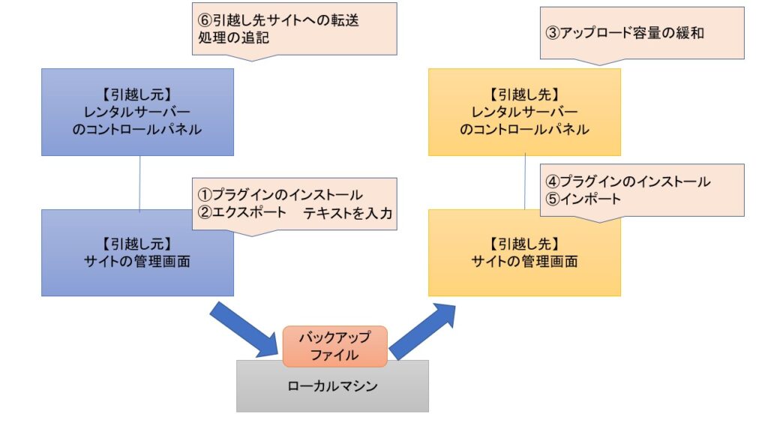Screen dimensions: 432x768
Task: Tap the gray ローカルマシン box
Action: pyautogui.click(x=332, y=388)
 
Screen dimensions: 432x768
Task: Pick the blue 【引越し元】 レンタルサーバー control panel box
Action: pyautogui.click(x=137, y=112)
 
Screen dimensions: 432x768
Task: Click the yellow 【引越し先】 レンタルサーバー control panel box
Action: pyautogui.click(x=524, y=112)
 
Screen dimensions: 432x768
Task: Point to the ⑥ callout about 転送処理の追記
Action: pyautogui.click(x=293, y=28)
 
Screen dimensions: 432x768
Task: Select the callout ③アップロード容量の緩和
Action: pyautogui.click(x=642, y=33)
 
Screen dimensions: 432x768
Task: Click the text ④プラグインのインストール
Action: pyautogui.click(x=627, y=181)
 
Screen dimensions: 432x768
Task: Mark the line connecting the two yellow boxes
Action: pyautogui.click(x=524, y=182)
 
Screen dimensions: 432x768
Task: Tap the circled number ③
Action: pyautogui.click(x=553, y=33)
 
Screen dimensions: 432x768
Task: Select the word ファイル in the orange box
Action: pyautogui.click(x=334, y=354)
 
